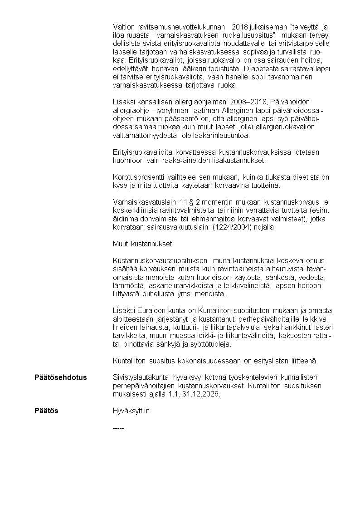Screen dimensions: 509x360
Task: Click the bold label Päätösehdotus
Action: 61,377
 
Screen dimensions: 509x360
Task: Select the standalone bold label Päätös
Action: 46,411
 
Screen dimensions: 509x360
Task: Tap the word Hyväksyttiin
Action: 132,411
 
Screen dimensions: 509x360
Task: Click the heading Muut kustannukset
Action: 142,244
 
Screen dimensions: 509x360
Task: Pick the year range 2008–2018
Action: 249,101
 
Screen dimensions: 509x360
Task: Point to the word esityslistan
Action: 269,361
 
